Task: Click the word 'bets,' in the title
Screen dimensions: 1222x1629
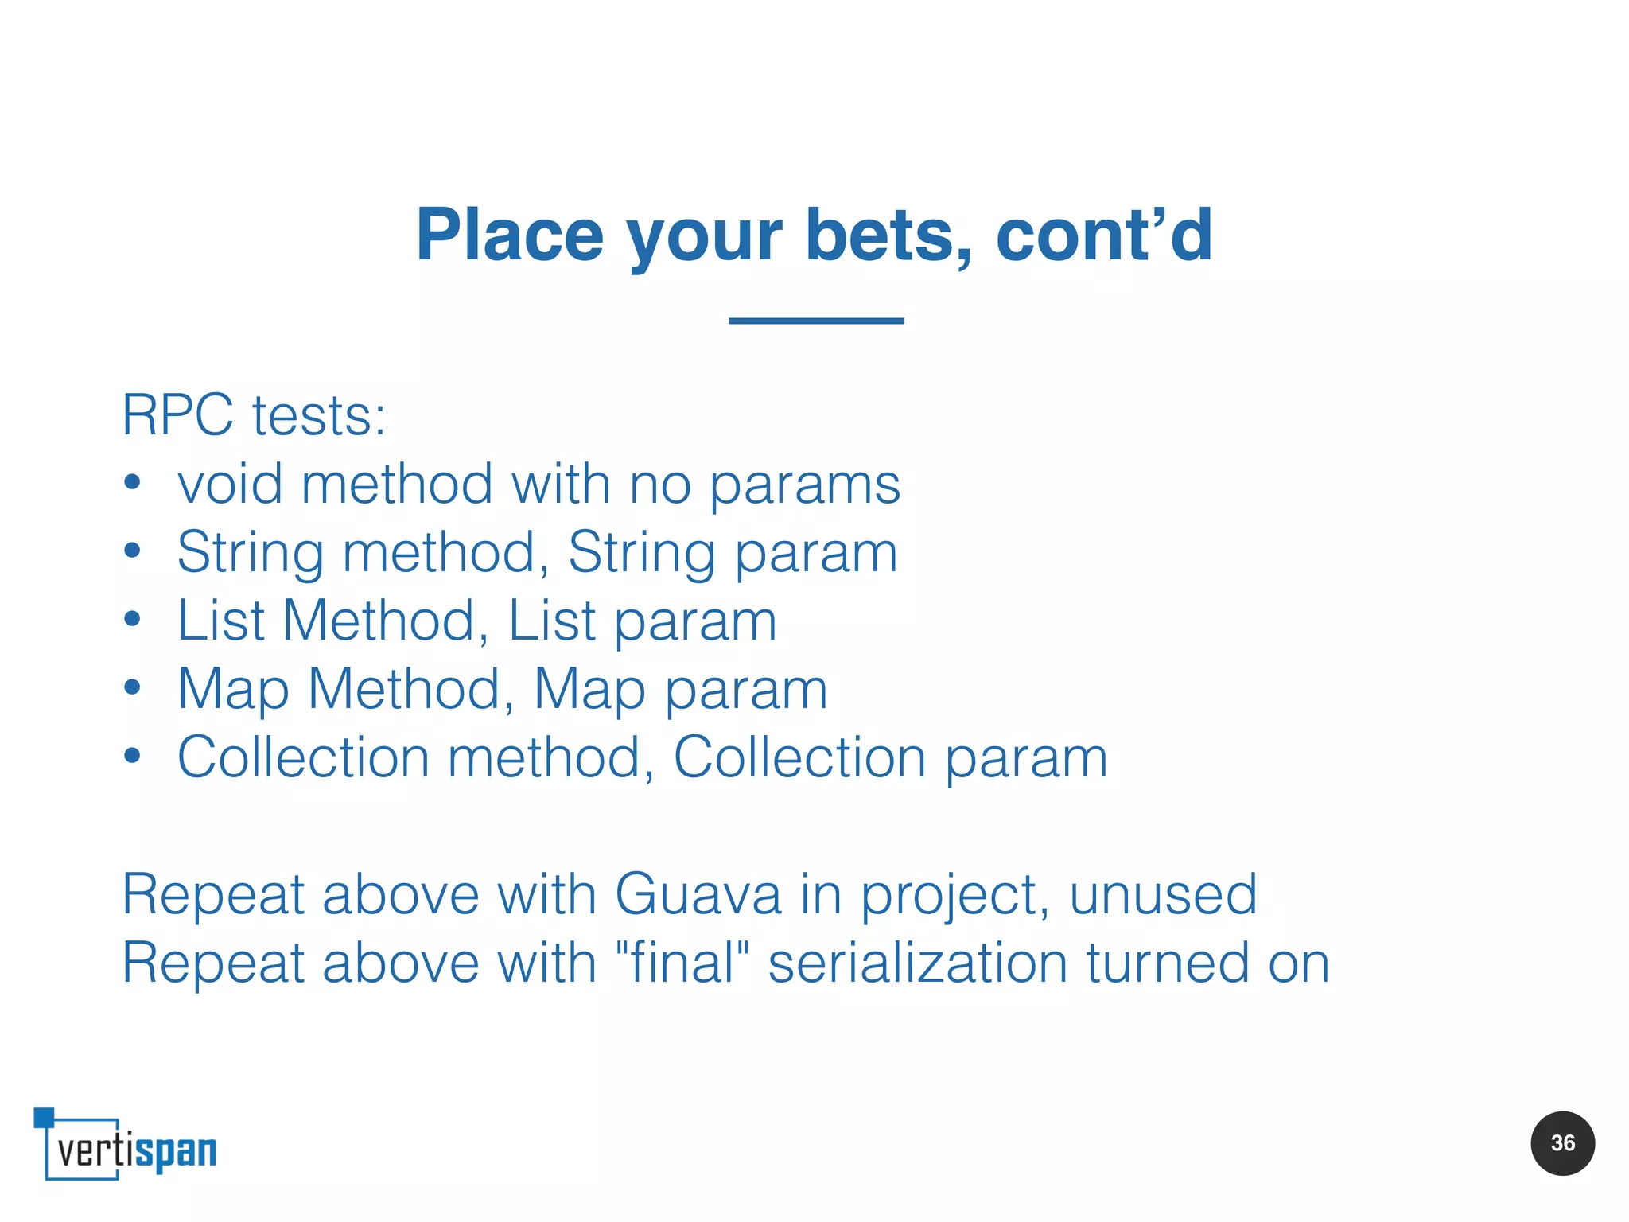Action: (888, 235)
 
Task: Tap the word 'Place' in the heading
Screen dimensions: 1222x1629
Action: (510, 235)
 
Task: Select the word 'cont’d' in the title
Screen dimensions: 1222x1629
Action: (1104, 235)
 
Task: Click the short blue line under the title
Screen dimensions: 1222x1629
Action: (816, 321)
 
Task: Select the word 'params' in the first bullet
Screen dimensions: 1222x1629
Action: (804, 485)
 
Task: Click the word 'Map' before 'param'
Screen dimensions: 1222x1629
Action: (589, 689)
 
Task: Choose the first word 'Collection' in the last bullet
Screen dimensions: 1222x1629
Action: (303, 757)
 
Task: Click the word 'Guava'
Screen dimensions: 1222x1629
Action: (698, 894)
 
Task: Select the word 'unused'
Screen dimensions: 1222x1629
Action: (1163, 894)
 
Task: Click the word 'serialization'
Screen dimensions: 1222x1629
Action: (918, 963)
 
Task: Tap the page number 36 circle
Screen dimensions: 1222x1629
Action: (1562, 1143)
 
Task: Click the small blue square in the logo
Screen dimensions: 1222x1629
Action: (44, 1117)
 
